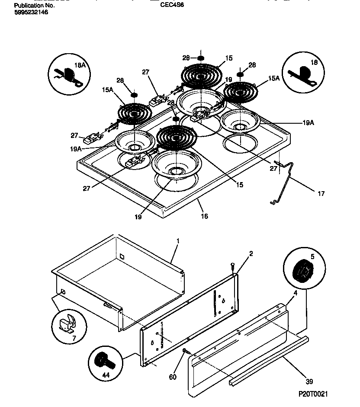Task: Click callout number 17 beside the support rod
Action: pyautogui.click(x=321, y=194)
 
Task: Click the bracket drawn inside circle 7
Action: pyautogui.click(x=67, y=322)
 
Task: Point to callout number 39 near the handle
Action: pyautogui.click(x=309, y=381)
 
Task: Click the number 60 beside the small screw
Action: pyautogui.click(x=173, y=377)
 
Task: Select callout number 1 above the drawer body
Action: pyautogui.click(x=177, y=240)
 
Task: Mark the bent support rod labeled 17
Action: pyautogui.click(x=286, y=182)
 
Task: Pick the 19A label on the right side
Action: pyautogui.click(x=308, y=123)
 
